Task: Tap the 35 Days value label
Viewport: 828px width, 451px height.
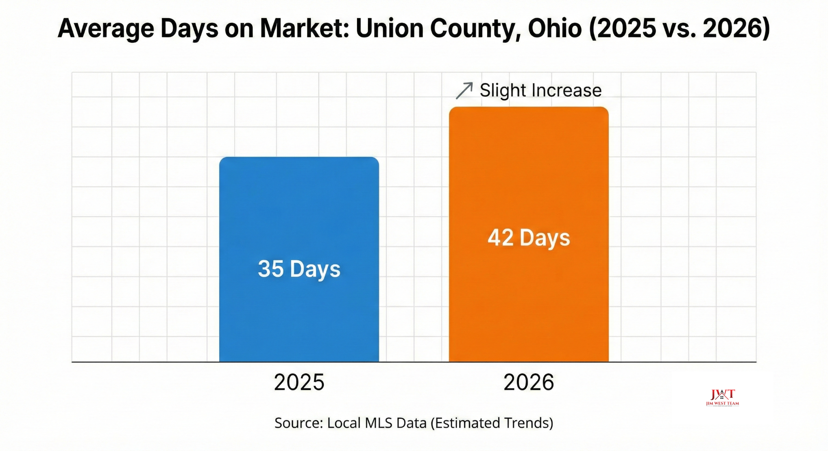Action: coord(299,269)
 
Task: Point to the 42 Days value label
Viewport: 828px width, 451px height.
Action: coord(529,237)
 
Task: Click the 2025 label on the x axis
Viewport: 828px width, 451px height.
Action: coord(299,382)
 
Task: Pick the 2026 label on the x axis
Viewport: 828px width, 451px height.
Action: coord(528,382)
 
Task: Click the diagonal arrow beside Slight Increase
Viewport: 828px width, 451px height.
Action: coord(464,90)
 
